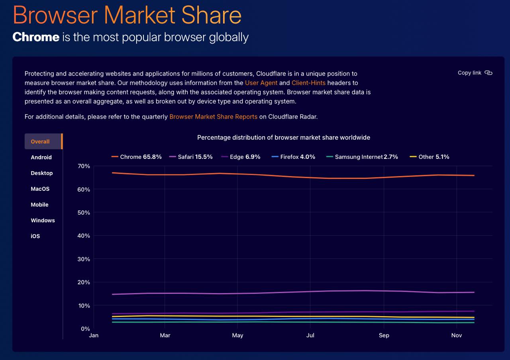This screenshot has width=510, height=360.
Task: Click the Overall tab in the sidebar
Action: click(x=43, y=141)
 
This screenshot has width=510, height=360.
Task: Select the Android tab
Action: click(x=41, y=157)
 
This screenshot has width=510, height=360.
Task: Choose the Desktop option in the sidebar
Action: click(x=42, y=173)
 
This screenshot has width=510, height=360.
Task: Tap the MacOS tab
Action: click(x=40, y=189)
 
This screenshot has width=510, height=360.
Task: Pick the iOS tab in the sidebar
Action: click(x=35, y=236)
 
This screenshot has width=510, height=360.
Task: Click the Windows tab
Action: click(x=43, y=220)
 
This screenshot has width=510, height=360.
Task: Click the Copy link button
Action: click(x=475, y=73)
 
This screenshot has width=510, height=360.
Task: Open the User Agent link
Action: click(x=261, y=83)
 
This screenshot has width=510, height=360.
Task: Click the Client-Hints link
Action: click(x=308, y=83)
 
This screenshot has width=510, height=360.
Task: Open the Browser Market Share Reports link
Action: click(x=213, y=117)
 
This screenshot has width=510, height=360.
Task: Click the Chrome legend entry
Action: click(x=136, y=157)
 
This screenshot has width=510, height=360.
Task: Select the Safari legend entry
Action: click(x=191, y=157)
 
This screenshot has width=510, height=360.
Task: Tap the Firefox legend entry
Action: click(x=293, y=157)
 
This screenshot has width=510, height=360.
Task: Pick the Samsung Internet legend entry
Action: click(x=362, y=157)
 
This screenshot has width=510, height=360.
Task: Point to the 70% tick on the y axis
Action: click(x=84, y=166)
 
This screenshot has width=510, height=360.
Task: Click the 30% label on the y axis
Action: click(x=84, y=259)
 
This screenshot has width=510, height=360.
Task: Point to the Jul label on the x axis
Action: click(x=310, y=335)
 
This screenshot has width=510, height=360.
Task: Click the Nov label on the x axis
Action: click(x=457, y=335)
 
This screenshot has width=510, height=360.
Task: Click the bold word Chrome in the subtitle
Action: click(x=36, y=37)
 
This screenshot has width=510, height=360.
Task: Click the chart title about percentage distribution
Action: click(x=283, y=137)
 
